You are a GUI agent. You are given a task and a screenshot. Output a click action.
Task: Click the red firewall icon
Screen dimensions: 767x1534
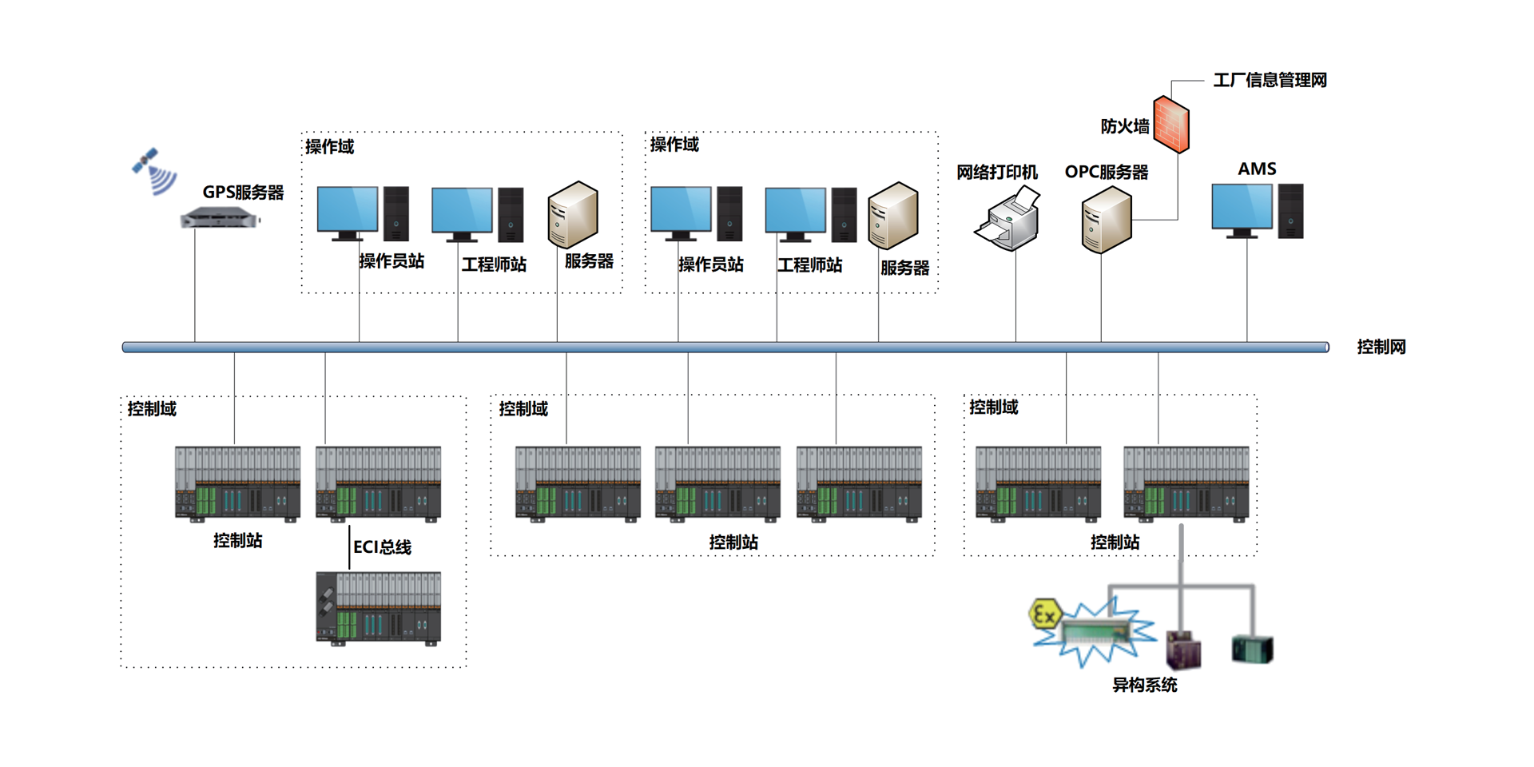click(x=1171, y=124)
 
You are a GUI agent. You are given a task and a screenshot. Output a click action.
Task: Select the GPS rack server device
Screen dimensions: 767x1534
click(x=220, y=217)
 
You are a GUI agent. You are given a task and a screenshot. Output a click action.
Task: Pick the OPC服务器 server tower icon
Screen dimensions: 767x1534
click(x=1107, y=223)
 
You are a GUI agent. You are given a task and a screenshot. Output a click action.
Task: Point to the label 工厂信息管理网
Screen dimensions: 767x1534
click(x=1270, y=80)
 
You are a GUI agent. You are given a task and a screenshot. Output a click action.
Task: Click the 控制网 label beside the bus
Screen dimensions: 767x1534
click(x=1381, y=347)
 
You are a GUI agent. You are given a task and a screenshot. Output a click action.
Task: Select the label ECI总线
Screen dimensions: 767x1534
click(x=382, y=547)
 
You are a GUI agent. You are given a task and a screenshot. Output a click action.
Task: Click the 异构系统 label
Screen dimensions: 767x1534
click(x=1144, y=685)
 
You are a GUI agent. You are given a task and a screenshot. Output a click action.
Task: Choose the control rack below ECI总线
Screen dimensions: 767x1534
click(x=378, y=608)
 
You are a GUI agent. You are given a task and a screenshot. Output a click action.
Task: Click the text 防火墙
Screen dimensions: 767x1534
click(x=1124, y=126)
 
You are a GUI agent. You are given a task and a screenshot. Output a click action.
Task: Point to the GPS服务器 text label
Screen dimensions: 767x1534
click(x=243, y=193)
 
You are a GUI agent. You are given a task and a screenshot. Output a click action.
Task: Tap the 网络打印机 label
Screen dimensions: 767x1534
click(x=996, y=172)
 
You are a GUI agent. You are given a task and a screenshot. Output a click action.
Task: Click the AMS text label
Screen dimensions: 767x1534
click(x=1257, y=169)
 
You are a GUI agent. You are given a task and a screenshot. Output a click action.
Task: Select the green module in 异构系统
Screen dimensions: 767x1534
click(x=1252, y=650)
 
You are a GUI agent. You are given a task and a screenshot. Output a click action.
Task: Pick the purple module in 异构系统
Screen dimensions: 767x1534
click(x=1183, y=650)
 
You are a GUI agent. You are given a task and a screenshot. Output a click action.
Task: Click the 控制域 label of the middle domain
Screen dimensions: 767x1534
click(x=523, y=409)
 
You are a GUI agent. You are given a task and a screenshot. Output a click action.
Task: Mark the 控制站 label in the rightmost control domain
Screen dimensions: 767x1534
click(x=1115, y=542)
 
